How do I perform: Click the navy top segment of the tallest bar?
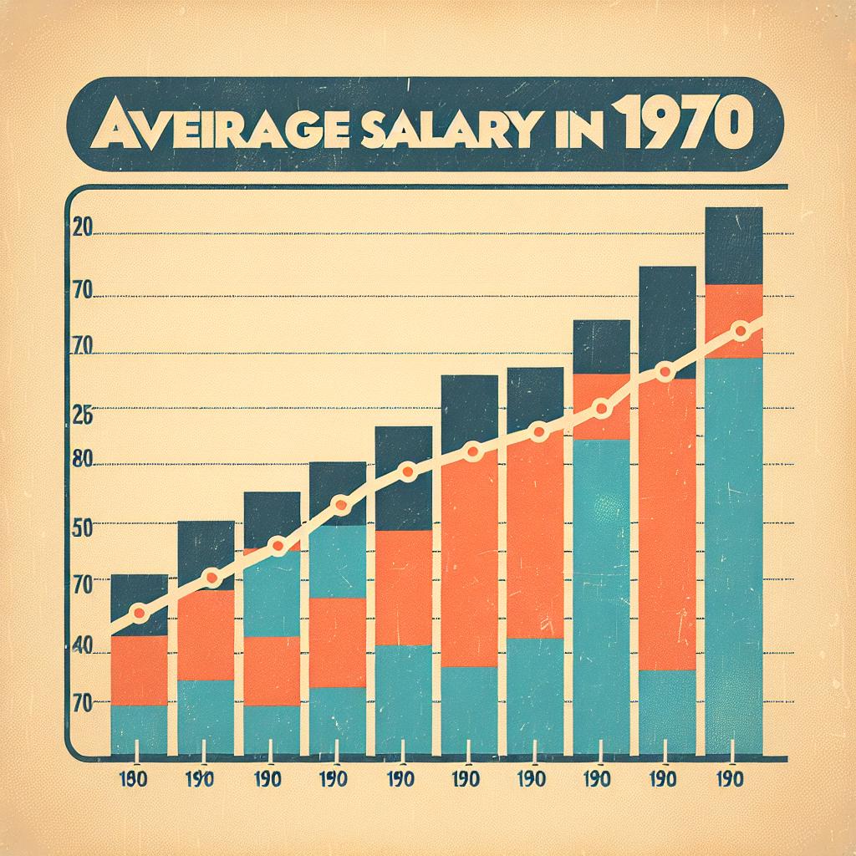(x=734, y=246)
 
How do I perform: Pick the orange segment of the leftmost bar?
(x=139, y=670)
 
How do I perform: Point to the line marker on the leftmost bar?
(x=139, y=614)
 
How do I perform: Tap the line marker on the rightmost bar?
(x=739, y=332)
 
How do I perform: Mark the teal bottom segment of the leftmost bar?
(x=139, y=730)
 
